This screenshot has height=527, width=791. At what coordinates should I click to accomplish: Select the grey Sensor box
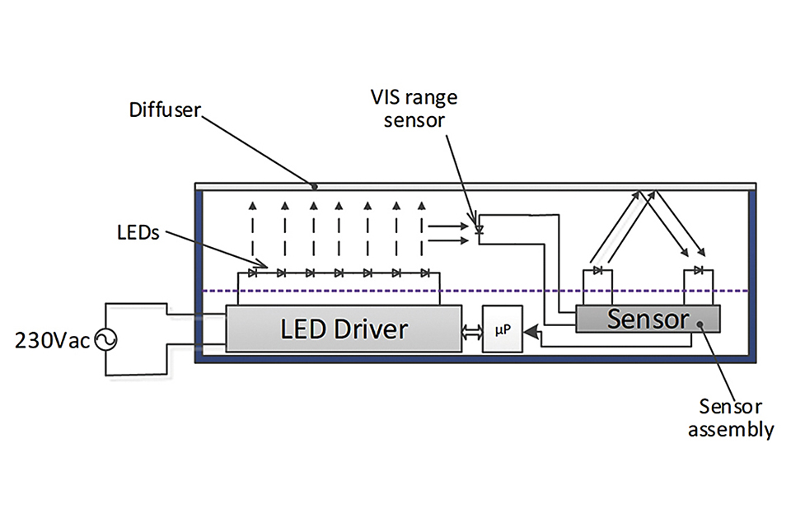coord(648,319)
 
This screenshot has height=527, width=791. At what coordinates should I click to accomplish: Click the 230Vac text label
coord(50,340)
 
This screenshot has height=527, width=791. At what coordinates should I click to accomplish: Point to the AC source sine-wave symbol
coord(105,339)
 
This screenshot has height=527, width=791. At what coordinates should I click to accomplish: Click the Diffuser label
coord(164,110)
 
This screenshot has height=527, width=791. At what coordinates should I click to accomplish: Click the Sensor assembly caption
coord(736,417)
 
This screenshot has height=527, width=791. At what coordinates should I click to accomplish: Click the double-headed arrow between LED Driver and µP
coord(471,330)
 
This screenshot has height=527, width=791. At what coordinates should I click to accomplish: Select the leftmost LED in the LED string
coord(253,273)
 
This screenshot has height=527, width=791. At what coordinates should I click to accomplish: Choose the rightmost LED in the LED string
coord(424,273)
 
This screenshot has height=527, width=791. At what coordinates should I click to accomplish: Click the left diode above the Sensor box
coord(598,270)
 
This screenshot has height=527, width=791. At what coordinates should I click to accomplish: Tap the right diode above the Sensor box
coord(698,270)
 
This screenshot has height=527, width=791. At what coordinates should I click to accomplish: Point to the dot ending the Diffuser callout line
coord(314,186)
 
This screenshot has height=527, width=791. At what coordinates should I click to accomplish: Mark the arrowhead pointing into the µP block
coord(532,330)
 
